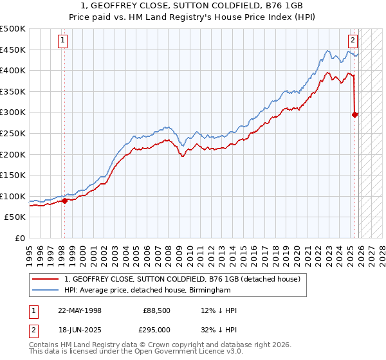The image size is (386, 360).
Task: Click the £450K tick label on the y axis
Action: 13,50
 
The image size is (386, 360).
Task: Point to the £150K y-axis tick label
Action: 13,175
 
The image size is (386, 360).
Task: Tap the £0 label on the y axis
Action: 20,239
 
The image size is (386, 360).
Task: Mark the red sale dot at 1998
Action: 65,201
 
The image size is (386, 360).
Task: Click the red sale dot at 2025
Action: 355,115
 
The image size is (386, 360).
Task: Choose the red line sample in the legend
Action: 45,279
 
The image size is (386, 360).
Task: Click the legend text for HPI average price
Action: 147,291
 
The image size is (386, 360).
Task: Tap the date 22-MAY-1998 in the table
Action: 80,310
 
